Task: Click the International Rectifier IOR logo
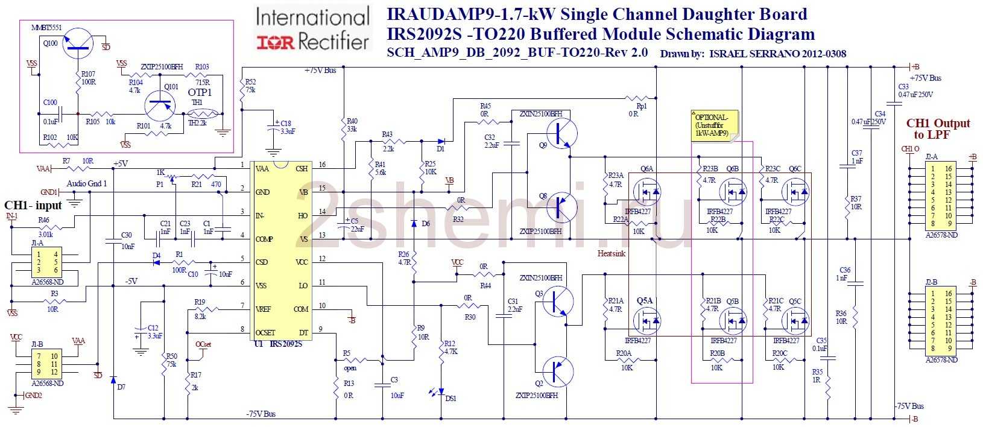pyautogui.click(x=313, y=29)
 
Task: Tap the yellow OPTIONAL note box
pyautogui.click(x=714, y=125)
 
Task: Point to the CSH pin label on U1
pyautogui.click(x=302, y=169)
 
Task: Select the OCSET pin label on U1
pyautogui.click(x=265, y=332)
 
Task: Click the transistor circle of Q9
pyautogui.click(x=561, y=134)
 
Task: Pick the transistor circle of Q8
pyautogui.click(x=561, y=207)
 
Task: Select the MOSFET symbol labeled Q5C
pyautogui.click(x=795, y=320)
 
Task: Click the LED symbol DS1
pyautogui.click(x=441, y=391)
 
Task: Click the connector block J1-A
pyautogui.click(x=46, y=262)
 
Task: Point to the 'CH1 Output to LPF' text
pyautogui.click(x=938, y=129)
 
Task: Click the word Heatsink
pyautogui.click(x=612, y=254)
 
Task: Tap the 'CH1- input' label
pyautogui.click(x=33, y=206)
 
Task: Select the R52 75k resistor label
pyautogui.click(x=250, y=86)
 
